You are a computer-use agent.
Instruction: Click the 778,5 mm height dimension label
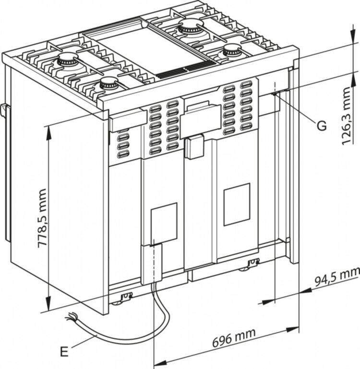pos(42,218)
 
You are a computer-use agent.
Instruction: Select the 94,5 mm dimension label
pos(336,277)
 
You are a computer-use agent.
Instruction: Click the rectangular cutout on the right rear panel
pos(237,204)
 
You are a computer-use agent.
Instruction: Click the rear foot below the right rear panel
pos(252,264)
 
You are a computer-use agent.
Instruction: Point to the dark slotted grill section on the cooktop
pos(179,71)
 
